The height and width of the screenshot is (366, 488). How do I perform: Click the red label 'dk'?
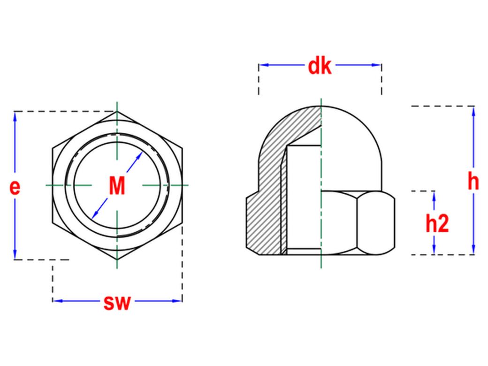click(320, 66)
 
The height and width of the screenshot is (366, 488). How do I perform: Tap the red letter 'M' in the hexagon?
click(117, 186)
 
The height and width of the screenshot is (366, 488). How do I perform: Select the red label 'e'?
click(15, 187)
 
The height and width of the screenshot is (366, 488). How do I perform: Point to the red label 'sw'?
click(117, 302)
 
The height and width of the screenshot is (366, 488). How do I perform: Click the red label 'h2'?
click(437, 223)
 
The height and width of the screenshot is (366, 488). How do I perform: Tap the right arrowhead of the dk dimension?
click(377, 65)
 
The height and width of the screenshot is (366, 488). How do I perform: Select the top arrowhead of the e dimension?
click(15, 116)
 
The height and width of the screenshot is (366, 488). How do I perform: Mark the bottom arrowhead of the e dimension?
click(15, 254)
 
